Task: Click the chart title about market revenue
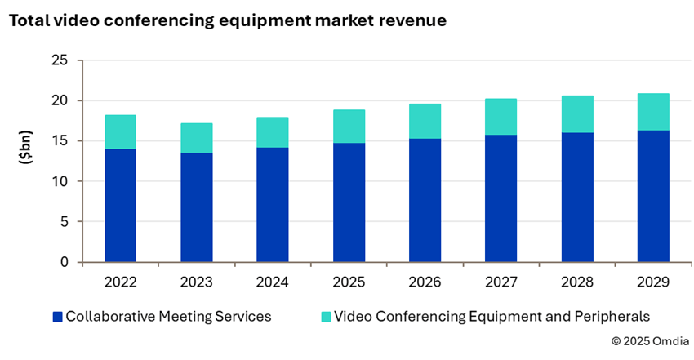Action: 227,21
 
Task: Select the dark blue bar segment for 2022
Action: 120,205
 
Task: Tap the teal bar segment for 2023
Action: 196,138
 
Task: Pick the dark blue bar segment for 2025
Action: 349,202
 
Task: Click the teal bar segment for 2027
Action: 500,117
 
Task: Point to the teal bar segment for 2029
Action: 653,112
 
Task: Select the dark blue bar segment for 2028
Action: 577,197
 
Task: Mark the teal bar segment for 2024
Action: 273,132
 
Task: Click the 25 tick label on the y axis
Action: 60,60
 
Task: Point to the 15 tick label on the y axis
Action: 60,141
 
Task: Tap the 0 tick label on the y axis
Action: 64,262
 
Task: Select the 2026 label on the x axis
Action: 425,282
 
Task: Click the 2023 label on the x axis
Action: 196,282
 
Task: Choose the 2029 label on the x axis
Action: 653,282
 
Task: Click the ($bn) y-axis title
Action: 25,161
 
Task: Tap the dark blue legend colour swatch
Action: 56,316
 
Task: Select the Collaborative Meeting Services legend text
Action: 168,316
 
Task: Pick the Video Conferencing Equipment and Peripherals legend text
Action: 492,316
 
